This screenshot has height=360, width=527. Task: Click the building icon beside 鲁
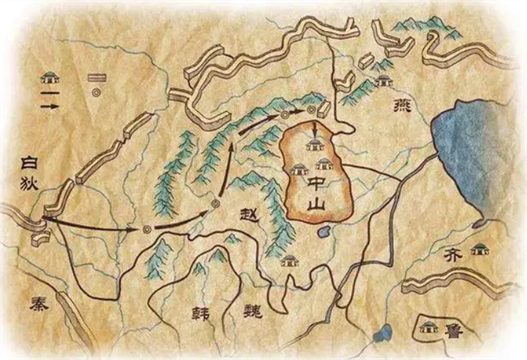[x=429, y=328]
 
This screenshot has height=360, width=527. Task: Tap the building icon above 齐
[x=480, y=247]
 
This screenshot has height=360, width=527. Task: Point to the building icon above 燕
[x=383, y=80]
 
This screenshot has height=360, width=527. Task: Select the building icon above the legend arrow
[x=51, y=78]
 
